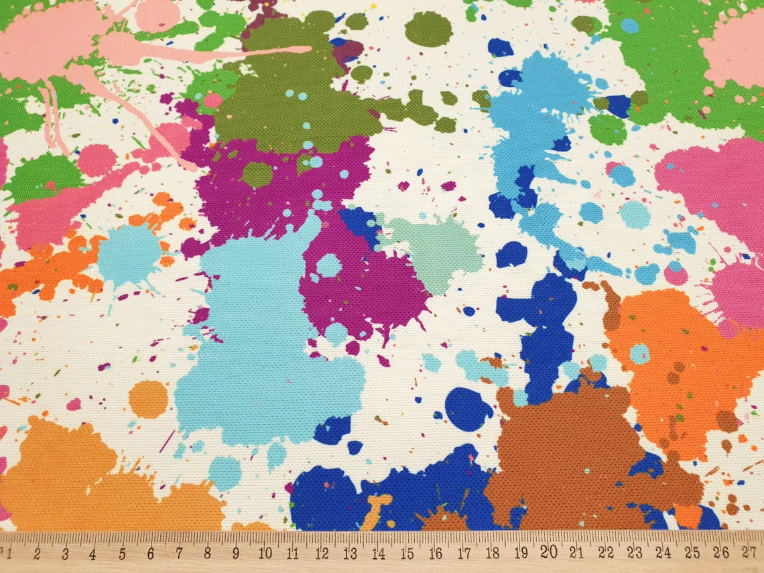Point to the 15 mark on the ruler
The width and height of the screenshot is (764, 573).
[x=407, y=554]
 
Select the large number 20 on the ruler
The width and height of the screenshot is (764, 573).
[x=550, y=552]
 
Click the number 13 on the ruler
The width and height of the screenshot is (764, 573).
[x=350, y=554]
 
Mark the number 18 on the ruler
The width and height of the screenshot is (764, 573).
[x=493, y=554]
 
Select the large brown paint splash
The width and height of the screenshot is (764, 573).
[x=570, y=449]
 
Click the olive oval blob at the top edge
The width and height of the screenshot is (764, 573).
[x=428, y=29]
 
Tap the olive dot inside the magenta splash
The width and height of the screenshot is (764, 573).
[x=256, y=175]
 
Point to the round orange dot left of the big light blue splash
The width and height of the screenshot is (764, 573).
[x=148, y=399]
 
